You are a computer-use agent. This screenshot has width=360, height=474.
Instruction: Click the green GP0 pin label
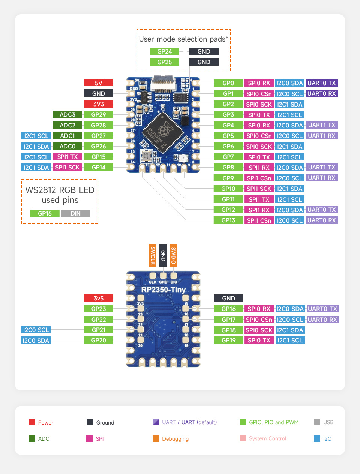tap(228, 83)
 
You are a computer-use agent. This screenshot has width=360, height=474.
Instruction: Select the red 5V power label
tap(98, 83)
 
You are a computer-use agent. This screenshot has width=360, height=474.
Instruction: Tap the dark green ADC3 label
tap(67, 114)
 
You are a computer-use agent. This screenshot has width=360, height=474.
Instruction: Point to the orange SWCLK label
tap(153, 255)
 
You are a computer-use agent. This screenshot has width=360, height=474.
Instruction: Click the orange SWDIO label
tap(173, 255)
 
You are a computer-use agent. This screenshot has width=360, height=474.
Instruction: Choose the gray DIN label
tap(75, 213)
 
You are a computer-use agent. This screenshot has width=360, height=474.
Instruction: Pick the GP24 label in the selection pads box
tap(164, 51)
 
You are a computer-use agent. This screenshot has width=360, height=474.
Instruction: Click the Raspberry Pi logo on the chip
tap(162, 131)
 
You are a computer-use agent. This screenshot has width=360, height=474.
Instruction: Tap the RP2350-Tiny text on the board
tap(163, 289)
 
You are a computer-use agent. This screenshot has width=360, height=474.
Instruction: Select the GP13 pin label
tap(228, 220)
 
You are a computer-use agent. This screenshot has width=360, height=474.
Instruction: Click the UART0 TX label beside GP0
tap(322, 83)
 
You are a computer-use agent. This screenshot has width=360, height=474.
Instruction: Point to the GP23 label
tap(99, 309)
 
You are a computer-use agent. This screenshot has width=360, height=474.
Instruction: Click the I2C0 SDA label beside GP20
tap(36, 340)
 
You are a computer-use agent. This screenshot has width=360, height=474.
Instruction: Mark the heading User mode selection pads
tap(183, 39)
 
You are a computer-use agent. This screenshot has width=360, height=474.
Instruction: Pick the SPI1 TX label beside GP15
tap(67, 157)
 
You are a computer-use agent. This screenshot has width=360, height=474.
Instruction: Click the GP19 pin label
tap(228, 340)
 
